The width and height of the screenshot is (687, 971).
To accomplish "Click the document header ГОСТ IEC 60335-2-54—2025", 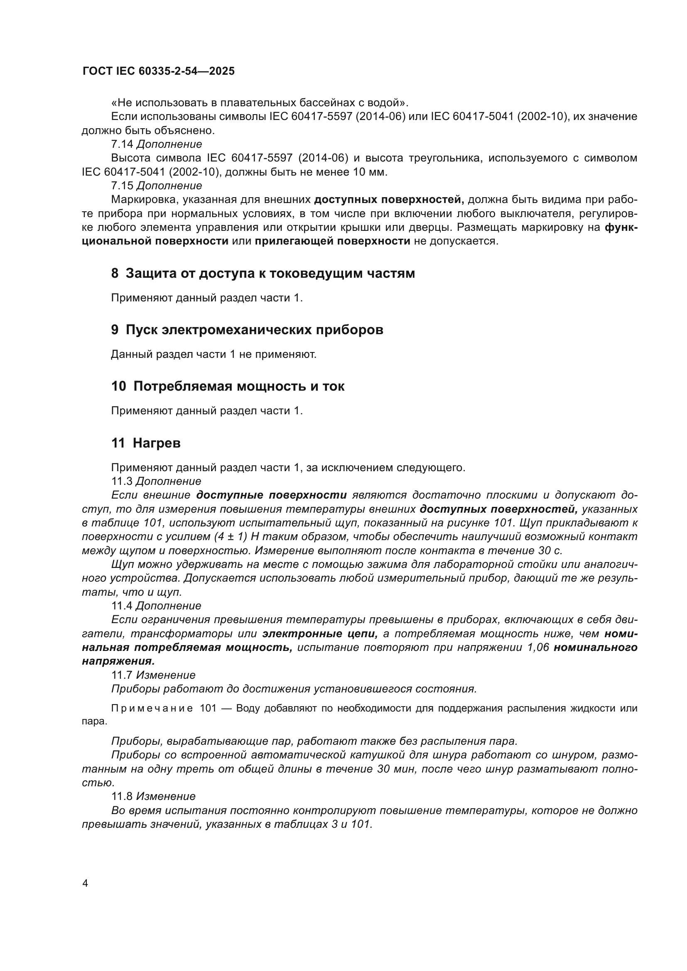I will coord(159,71).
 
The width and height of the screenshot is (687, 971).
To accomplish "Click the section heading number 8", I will coord(115,274).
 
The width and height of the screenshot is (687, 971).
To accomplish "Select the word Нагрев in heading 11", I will coord(157,443).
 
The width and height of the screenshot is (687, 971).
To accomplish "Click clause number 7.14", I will coord(122,144).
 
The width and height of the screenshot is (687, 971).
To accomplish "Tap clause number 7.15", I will coord(122,186).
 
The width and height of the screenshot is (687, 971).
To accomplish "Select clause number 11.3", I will coord(122,481).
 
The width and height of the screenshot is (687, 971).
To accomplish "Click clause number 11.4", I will coord(122,606).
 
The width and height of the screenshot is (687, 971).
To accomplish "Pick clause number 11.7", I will coord(122,675).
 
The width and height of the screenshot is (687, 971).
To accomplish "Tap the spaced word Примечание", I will coord(152,708).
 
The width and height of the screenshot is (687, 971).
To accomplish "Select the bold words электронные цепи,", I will coord(320,633).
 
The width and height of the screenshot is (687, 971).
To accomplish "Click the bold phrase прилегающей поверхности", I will coord(332,241).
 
